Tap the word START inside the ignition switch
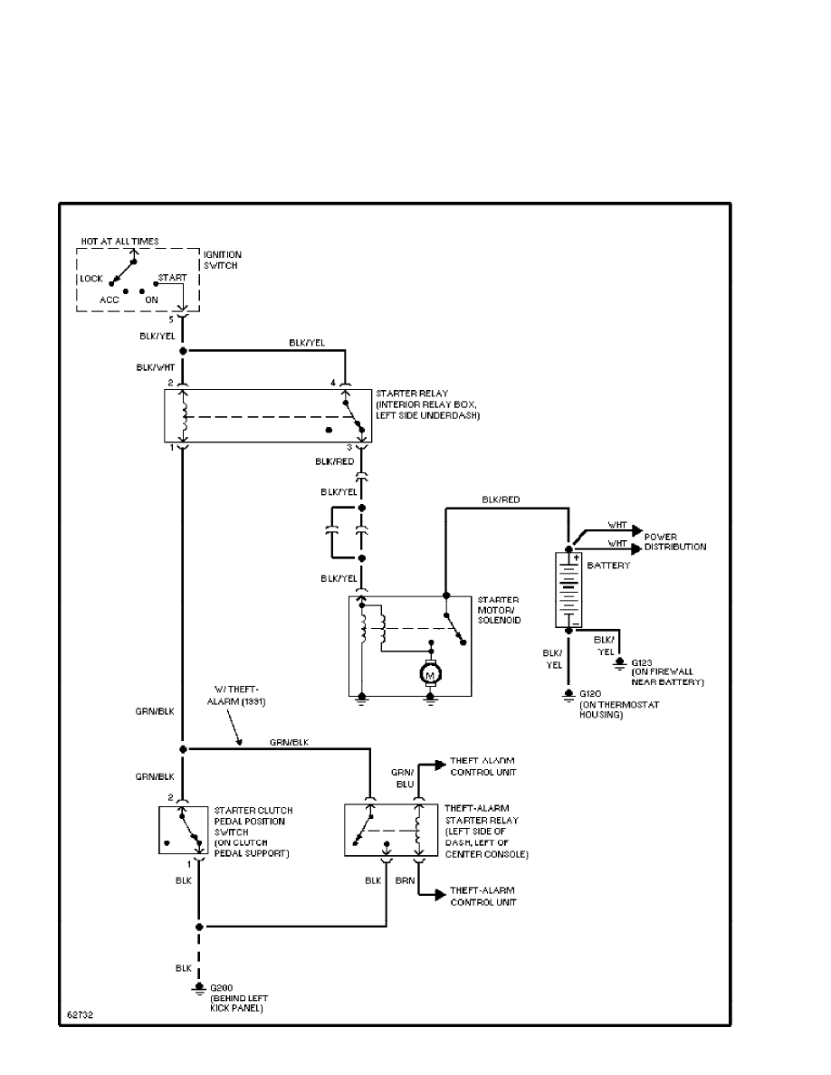[172, 276]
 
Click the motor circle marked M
[431, 672]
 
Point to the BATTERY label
[607, 565]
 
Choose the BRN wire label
[406, 879]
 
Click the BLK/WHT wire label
[157, 367]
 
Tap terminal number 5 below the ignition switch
[170, 319]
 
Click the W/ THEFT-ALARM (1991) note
[240, 695]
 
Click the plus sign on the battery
[575, 557]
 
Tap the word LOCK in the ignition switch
[91, 279]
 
